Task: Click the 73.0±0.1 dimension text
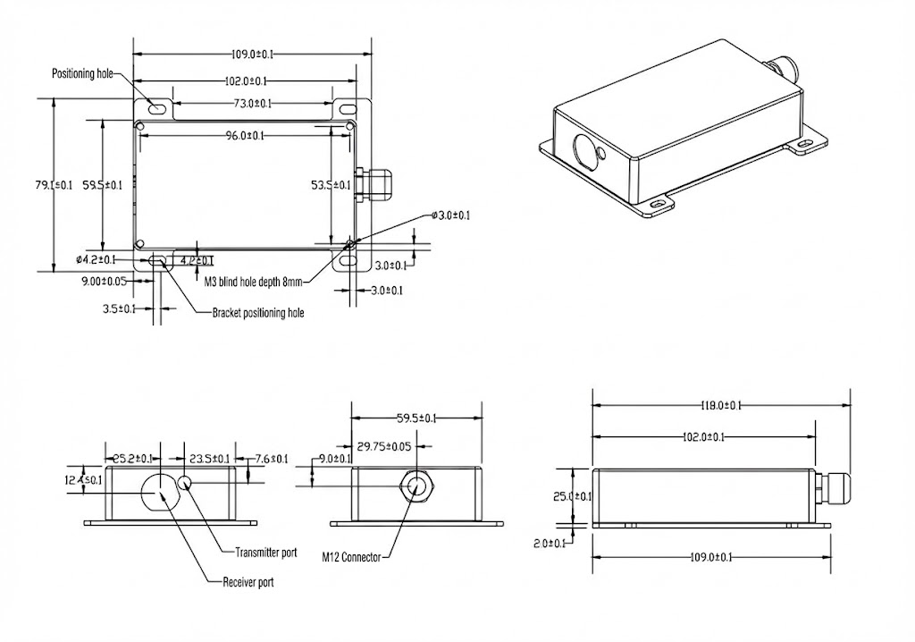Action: click(253, 105)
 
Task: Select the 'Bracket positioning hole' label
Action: click(257, 313)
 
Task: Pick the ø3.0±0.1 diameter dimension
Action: click(449, 215)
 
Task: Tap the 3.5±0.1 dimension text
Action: click(120, 308)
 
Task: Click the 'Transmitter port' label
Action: click(265, 553)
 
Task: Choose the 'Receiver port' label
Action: click(248, 582)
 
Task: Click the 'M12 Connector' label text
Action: click(351, 557)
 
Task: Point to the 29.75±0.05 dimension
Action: click(384, 446)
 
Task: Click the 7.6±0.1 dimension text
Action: click(272, 459)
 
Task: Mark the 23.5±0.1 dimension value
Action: click(204, 459)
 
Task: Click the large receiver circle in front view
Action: click(159, 491)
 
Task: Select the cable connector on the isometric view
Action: click(783, 67)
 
